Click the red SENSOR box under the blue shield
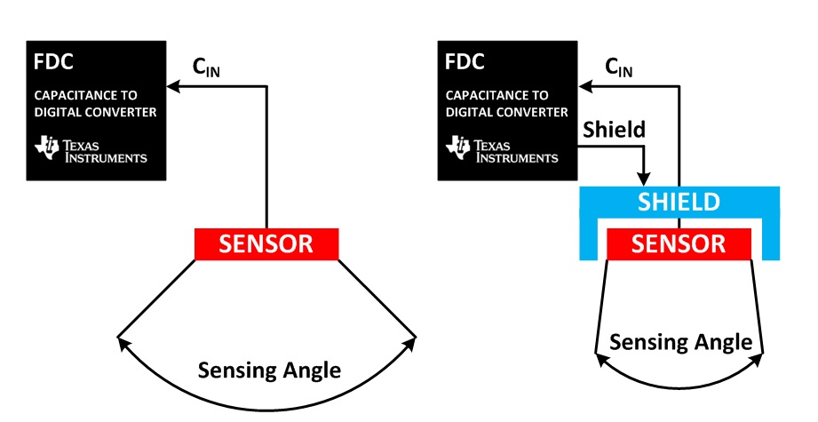coord(679,243)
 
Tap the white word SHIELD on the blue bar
coord(679,202)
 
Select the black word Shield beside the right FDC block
coord(614,130)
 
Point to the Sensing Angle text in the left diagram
coord(269,370)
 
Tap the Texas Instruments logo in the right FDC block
coord(502,150)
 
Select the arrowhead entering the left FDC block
coord(175,86)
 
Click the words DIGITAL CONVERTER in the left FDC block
coord(95,112)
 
